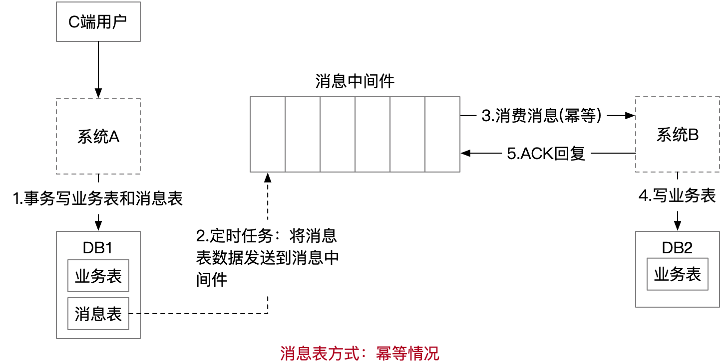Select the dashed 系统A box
(x=98, y=136)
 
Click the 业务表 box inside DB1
(x=98, y=276)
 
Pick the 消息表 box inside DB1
(x=98, y=314)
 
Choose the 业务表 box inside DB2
(x=677, y=274)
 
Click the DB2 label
(x=677, y=248)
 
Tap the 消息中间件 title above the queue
(x=355, y=81)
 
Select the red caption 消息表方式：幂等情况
(x=360, y=353)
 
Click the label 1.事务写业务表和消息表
(x=98, y=199)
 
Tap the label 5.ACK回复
(x=546, y=154)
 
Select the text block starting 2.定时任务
(x=267, y=257)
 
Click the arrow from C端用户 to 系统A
(x=98, y=70)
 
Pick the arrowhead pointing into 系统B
(x=630, y=116)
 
